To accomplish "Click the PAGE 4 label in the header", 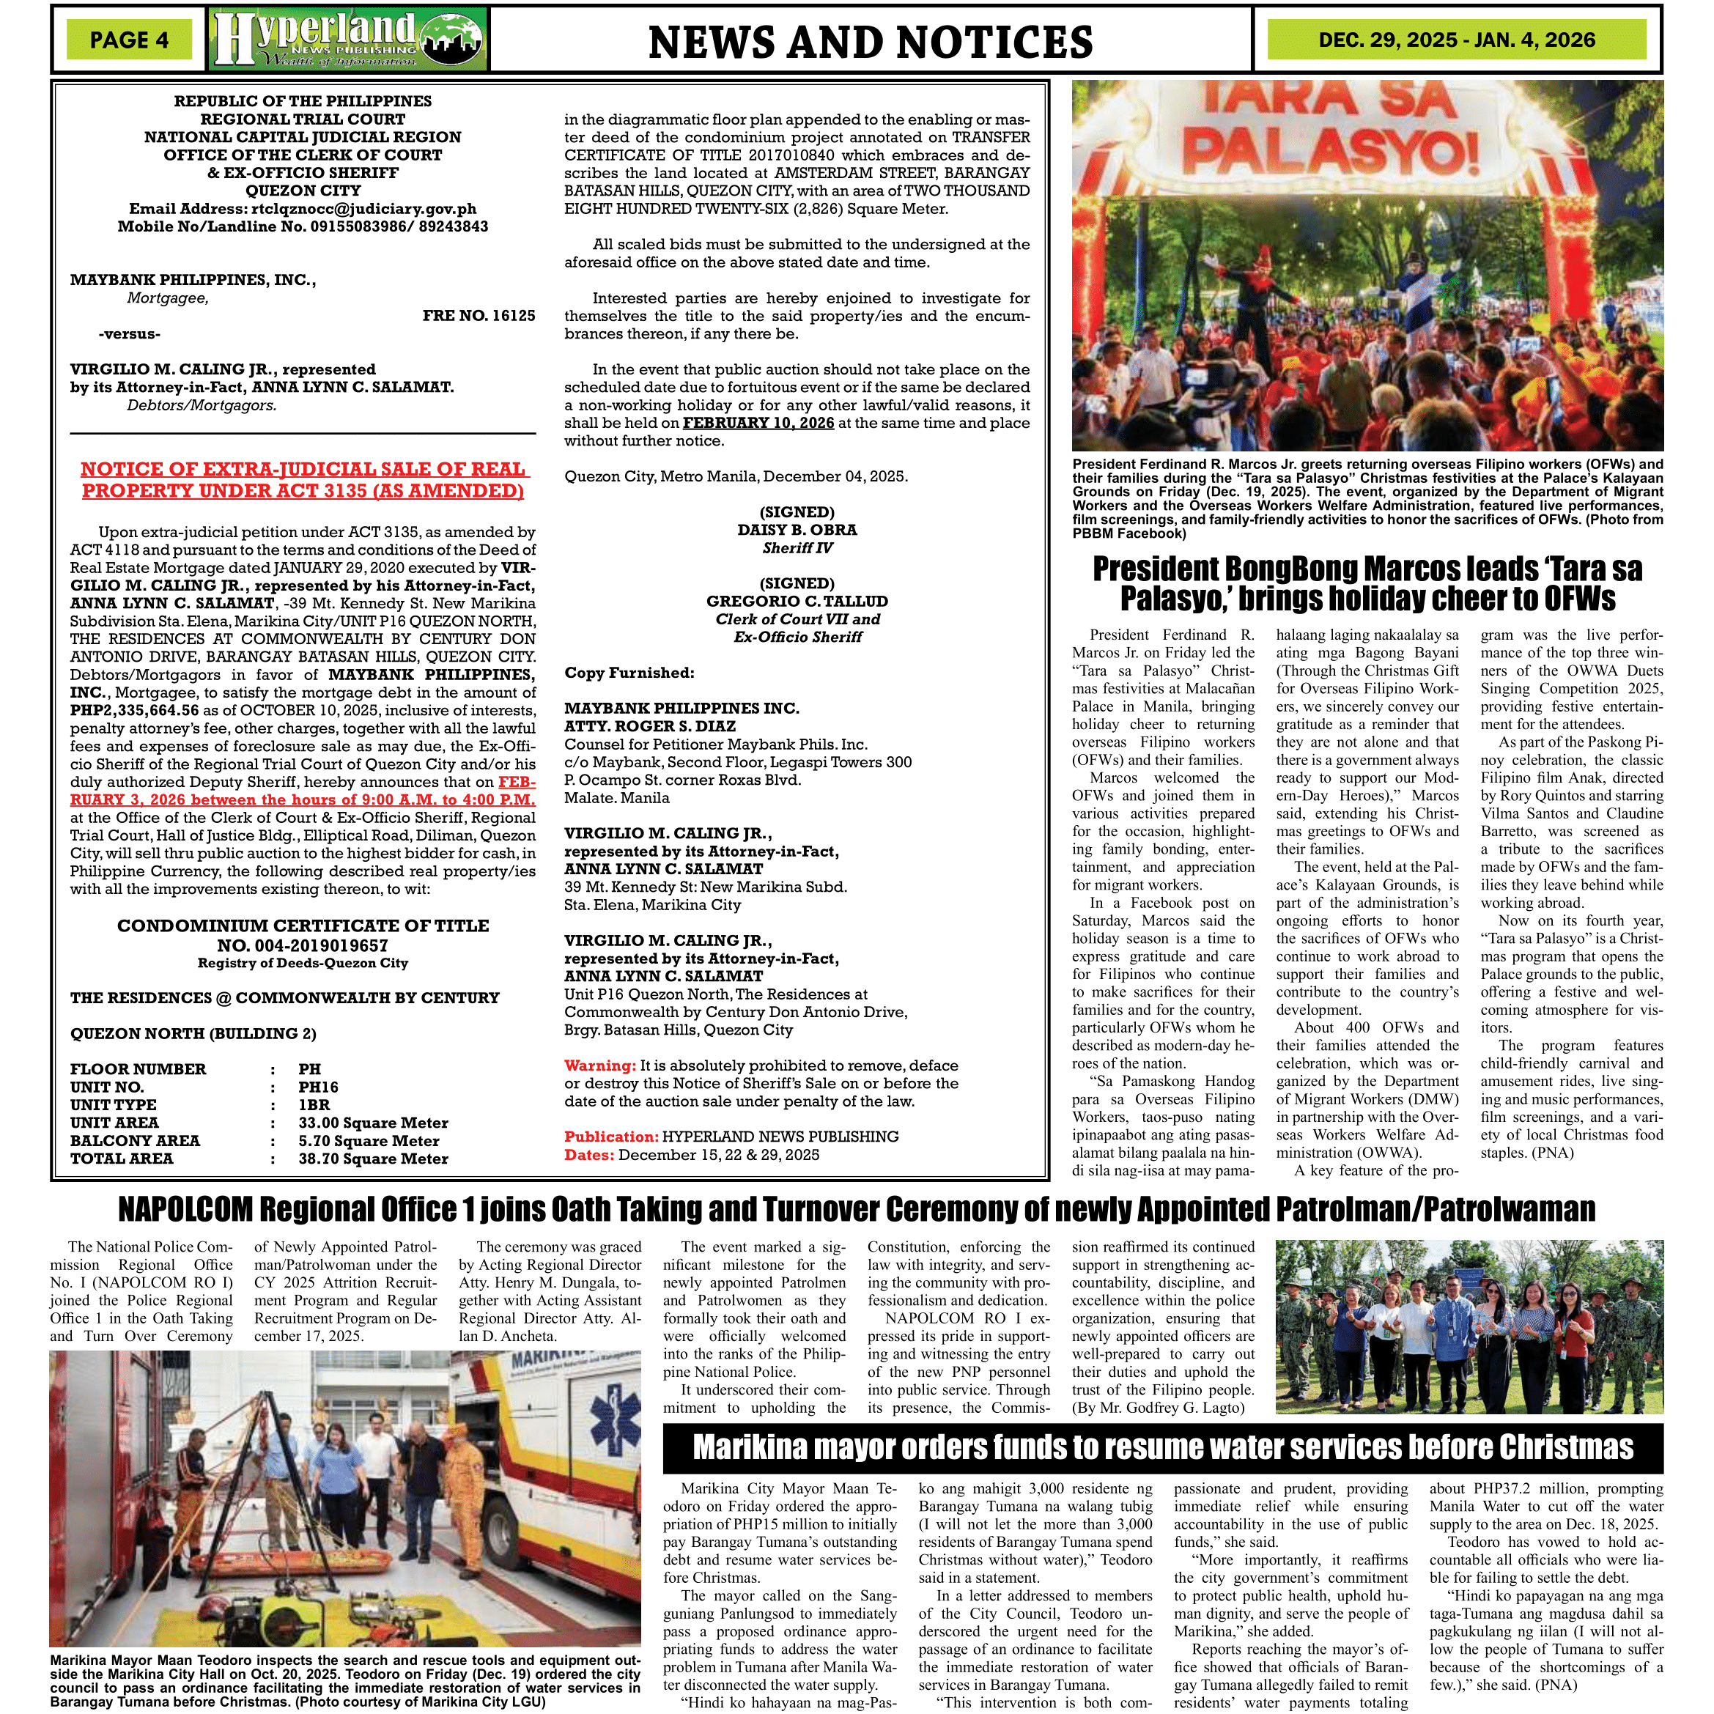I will coord(129,40).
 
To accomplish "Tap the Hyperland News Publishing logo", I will coord(348,39).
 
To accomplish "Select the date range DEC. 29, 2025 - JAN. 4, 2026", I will coord(1456,40).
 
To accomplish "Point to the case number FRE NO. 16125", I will coord(479,316).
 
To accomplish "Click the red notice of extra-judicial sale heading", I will coord(303,480).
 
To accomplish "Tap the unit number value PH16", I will coord(317,1087).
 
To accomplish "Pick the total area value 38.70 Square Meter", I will coord(372,1159).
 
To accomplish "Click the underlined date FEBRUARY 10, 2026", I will coord(758,423).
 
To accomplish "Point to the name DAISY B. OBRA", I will coord(797,530).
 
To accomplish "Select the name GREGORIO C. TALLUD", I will coord(797,602).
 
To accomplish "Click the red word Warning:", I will coord(599,1065).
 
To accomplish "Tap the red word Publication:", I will coord(610,1137).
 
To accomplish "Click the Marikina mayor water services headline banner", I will coord(1162,1447).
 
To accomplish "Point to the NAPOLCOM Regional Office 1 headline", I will coord(856,1209).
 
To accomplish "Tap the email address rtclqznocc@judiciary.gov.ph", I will coord(363,209).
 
